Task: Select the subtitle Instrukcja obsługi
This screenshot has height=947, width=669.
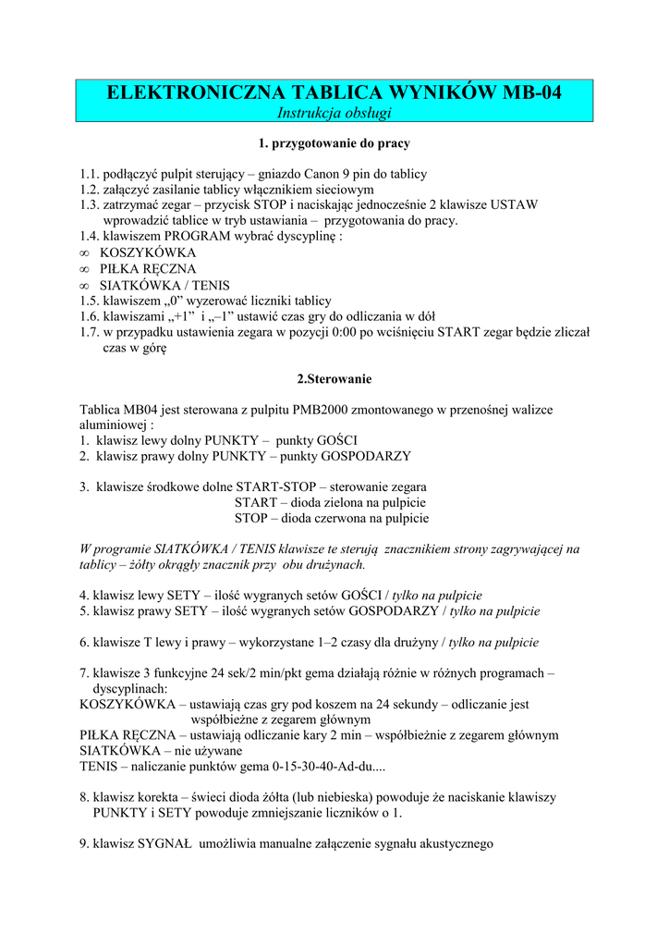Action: [334, 113]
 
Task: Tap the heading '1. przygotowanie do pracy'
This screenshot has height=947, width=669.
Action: [334, 144]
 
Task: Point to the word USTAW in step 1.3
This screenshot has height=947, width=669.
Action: [516, 205]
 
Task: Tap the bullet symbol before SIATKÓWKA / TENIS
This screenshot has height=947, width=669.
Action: [85, 285]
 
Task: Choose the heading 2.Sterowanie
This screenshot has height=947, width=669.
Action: [334, 379]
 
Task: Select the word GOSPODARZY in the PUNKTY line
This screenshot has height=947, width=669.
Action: [364, 456]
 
